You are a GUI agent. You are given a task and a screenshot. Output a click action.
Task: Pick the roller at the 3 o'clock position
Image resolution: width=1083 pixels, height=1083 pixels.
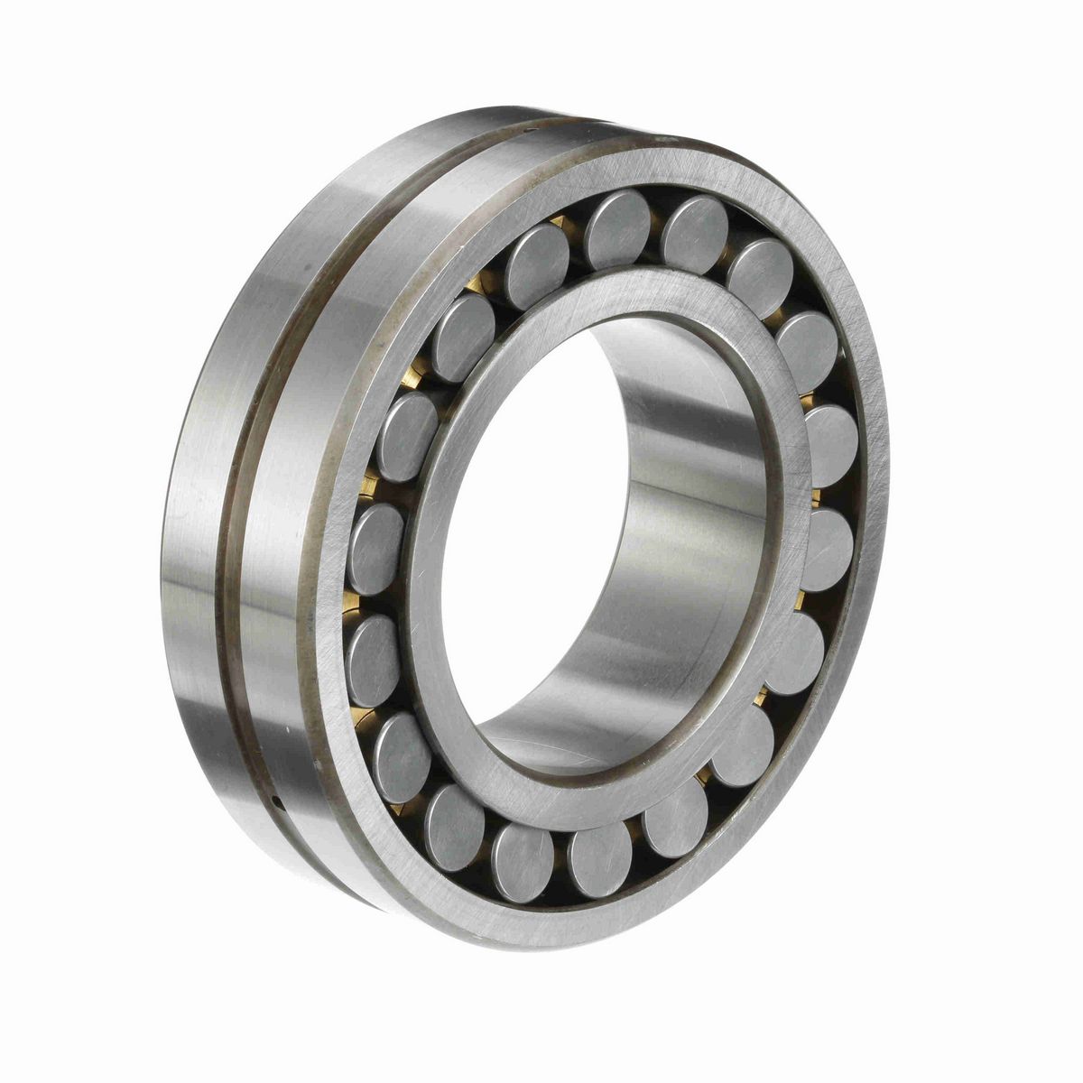(826, 549)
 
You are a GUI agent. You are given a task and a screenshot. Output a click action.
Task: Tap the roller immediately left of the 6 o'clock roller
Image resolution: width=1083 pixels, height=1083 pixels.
(524, 850)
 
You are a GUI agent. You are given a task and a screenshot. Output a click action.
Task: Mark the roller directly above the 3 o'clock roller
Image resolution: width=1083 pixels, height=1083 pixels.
(829, 446)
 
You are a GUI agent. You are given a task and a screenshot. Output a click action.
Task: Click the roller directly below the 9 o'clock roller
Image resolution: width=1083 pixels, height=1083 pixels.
(373, 647)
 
